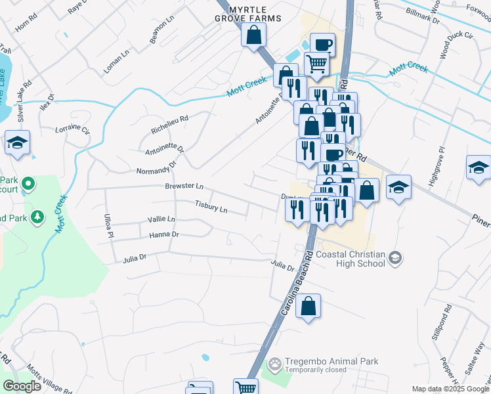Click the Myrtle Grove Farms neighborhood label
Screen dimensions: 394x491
(255, 14)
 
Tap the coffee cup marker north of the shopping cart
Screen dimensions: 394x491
(322, 45)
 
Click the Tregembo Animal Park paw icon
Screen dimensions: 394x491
(276, 362)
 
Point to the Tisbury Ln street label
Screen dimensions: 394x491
(211, 208)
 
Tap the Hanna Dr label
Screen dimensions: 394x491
(164, 234)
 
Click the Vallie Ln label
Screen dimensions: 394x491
(161, 219)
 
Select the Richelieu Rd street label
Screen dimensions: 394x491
(169, 125)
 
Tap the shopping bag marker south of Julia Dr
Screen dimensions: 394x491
(308, 306)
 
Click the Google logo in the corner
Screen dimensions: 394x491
(22, 386)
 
